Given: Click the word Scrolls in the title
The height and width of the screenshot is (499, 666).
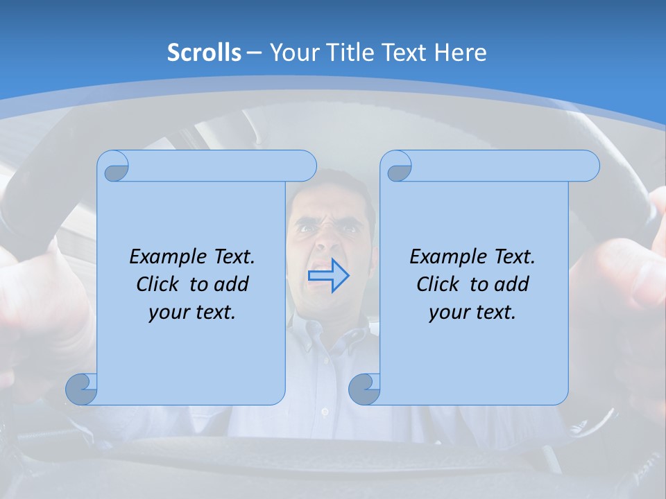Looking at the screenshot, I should click(204, 53).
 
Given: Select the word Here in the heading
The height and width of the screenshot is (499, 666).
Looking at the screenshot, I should click(461, 53).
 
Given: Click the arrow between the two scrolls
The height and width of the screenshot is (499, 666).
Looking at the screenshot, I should click(328, 276).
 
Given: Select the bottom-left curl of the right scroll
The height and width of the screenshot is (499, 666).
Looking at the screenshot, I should click(364, 389).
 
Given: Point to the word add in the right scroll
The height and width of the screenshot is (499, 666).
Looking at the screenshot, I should click(512, 284).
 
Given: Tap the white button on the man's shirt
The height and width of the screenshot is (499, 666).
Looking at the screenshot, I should click(325, 412).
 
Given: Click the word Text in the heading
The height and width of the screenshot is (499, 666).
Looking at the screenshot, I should click(404, 53).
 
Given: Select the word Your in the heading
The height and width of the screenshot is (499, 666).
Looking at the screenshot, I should click(291, 53).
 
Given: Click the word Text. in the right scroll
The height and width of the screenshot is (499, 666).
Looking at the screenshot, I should click(514, 257).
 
